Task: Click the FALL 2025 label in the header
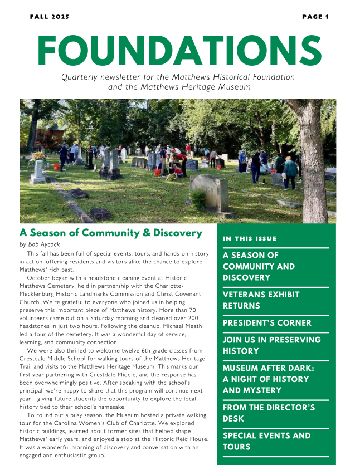(x=50, y=17)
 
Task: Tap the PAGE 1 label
(x=315, y=17)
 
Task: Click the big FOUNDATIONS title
(x=179, y=50)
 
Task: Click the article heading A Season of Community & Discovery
(x=110, y=233)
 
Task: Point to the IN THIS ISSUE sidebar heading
(x=249, y=239)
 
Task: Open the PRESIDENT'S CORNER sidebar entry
(x=267, y=323)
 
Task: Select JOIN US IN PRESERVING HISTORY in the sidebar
(x=271, y=345)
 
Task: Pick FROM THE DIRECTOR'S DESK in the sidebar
(x=269, y=413)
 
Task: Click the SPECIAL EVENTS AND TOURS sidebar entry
(x=266, y=441)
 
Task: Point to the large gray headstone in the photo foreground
(x=210, y=193)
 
